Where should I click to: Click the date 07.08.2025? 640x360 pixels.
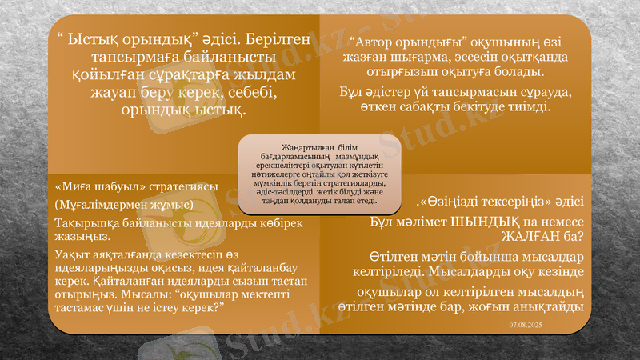pyautogui.click(x=525, y=324)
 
